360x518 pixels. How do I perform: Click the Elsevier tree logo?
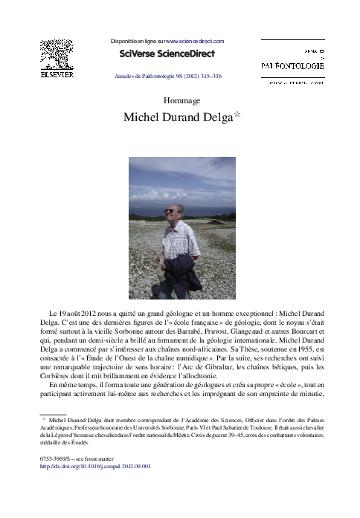[56, 56]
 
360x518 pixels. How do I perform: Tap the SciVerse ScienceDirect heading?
[167, 54]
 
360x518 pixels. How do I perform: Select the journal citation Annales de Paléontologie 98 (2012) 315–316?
[167, 76]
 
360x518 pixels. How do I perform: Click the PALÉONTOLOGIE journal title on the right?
[292, 66]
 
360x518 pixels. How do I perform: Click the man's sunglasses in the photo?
[171, 210]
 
